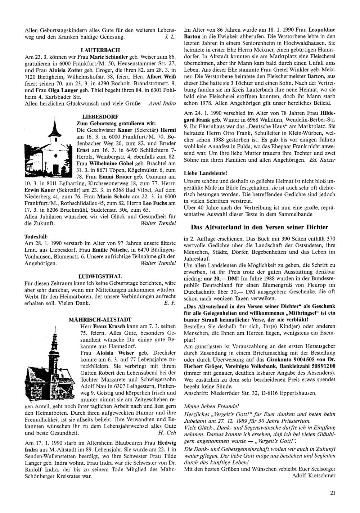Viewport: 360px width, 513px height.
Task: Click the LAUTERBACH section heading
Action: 100,50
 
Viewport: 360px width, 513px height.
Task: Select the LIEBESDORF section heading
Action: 97,117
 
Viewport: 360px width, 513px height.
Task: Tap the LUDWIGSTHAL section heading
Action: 100,276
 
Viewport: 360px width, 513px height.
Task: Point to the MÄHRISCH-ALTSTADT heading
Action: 100,319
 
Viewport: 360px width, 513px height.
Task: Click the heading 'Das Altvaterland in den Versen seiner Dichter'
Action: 259,227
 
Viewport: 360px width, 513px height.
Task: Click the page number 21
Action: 333,493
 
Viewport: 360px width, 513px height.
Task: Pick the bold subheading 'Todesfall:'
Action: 35,236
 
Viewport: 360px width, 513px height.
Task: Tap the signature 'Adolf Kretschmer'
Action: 314,475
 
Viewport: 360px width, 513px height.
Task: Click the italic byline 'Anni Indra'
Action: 162,104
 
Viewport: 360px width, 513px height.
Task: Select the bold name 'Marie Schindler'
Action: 107,57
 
